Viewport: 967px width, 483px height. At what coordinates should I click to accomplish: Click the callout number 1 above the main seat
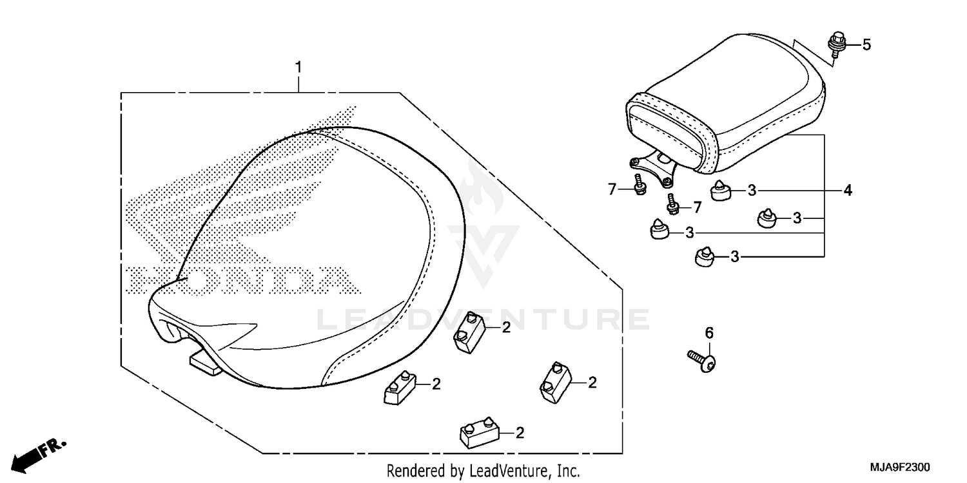click(298, 67)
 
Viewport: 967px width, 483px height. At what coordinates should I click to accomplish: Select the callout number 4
click(848, 190)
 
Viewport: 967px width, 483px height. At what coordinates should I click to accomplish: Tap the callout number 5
click(866, 45)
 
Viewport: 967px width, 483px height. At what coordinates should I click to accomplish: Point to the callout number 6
click(709, 332)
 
